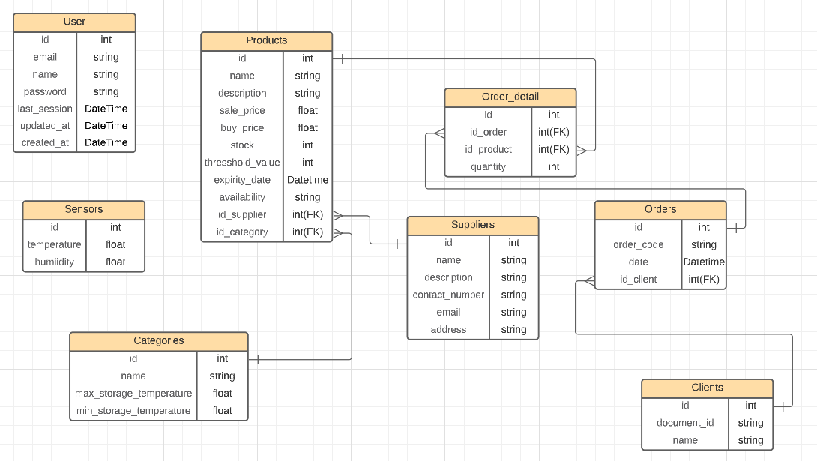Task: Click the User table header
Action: (74, 22)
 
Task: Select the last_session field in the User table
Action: (45, 109)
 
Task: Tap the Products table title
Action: (266, 40)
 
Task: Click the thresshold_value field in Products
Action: (242, 163)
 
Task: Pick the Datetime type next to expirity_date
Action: (307, 180)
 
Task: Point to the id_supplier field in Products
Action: (242, 214)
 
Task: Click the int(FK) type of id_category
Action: (307, 232)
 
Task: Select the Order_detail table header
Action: (510, 97)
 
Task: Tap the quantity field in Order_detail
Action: (488, 167)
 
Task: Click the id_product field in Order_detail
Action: (488, 149)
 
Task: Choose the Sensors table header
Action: (83, 209)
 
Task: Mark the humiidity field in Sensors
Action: (55, 262)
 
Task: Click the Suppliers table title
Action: (472, 225)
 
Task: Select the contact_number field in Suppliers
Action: (448, 295)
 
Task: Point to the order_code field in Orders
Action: (638, 244)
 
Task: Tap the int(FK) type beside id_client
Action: (703, 280)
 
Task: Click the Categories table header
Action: (158, 340)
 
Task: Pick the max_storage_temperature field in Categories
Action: (133, 393)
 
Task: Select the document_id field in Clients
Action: (685, 423)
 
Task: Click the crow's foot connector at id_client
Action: (588, 280)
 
